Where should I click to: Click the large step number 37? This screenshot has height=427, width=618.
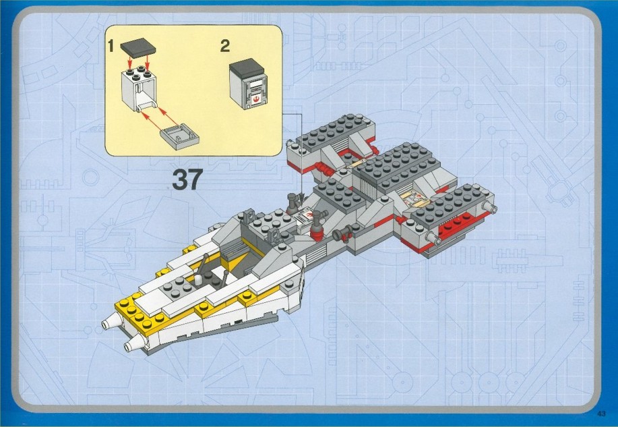187,180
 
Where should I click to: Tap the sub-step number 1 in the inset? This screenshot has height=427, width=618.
111,46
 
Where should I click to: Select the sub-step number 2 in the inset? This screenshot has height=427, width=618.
224,46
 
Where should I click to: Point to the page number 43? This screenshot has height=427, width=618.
601,414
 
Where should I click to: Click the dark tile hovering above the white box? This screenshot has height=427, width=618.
138,49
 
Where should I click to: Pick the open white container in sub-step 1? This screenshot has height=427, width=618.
139,89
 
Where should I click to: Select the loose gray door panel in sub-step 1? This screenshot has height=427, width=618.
180,136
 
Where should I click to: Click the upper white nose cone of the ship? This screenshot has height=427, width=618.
111,321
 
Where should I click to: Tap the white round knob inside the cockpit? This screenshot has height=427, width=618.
199,278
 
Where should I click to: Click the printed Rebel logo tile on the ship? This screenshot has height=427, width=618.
308,217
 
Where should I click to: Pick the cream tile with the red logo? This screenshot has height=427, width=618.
412,197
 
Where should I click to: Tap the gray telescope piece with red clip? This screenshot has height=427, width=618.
343,233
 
